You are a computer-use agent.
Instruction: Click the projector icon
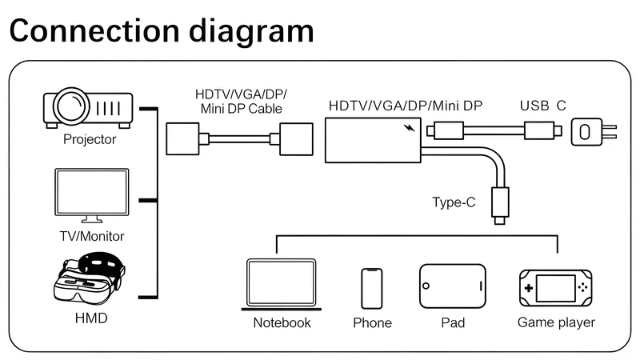coord(88,107)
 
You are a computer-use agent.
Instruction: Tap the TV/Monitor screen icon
coord(92,195)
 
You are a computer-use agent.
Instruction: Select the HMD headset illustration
coord(90,278)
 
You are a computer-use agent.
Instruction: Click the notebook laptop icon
coord(282,285)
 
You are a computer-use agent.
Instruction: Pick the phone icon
coord(372,289)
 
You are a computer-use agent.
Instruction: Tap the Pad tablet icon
coord(453,286)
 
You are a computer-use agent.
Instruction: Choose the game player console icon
coord(555,288)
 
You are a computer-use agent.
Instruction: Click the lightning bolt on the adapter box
coord(410,128)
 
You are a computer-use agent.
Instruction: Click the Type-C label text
coord(454,202)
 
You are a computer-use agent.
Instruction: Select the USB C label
coord(543,106)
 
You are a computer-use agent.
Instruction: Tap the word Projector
coord(90,139)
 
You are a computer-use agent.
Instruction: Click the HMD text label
coord(91,318)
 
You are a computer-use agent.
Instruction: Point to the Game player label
coord(556,322)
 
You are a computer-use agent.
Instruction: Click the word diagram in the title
coord(251,31)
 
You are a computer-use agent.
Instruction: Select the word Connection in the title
coord(94,30)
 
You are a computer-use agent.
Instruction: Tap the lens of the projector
coord(71,106)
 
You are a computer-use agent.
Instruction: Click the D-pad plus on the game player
coord(529,288)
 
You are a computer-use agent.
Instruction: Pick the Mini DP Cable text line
coord(242,109)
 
